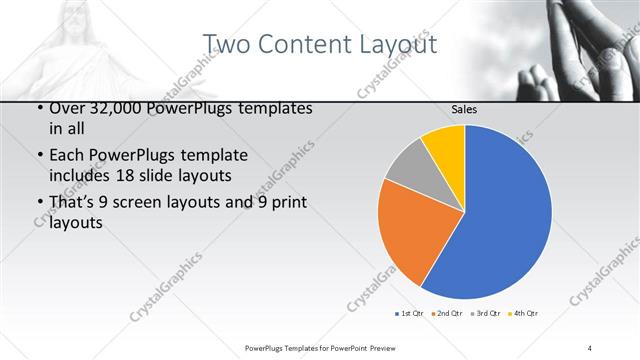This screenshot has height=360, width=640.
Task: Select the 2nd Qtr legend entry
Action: pyautogui.click(x=446, y=314)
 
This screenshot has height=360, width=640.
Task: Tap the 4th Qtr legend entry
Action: pyautogui.click(x=525, y=314)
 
